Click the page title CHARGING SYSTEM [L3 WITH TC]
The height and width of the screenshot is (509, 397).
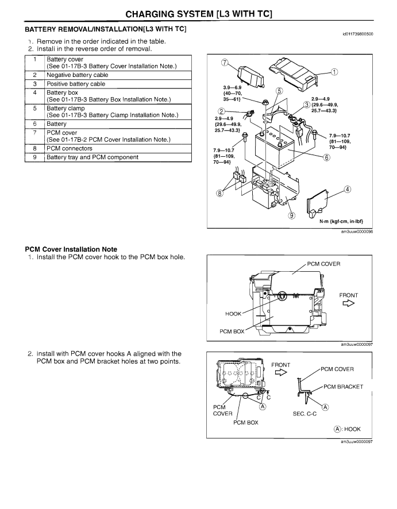[x=199, y=14]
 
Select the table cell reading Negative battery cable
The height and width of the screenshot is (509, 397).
[x=118, y=75]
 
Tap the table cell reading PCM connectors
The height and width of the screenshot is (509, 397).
[x=118, y=148]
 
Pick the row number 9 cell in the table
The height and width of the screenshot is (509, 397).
[x=34, y=157]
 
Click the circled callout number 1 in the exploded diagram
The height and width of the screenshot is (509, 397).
[x=334, y=72]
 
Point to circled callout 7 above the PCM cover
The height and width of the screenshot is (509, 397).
[x=225, y=63]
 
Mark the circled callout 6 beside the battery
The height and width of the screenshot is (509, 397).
[x=327, y=157]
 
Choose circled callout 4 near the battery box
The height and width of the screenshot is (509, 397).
[x=348, y=189]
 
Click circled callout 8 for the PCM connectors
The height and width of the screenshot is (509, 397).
[x=220, y=193]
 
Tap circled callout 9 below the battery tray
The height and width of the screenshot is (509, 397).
[x=292, y=215]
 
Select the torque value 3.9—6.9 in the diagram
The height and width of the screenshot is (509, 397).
[x=232, y=88]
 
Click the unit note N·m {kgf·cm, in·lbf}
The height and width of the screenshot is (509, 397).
[x=341, y=221]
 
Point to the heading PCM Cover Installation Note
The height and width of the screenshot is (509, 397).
[x=71, y=249]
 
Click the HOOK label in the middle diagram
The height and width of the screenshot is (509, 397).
[x=233, y=314]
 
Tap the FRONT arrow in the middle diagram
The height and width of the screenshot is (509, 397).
[x=349, y=303]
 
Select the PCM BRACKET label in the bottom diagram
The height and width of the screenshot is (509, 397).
[x=344, y=387]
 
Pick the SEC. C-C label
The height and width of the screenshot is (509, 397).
[x=305, y=414]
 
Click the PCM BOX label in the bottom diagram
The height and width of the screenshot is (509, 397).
[x=246, y=422]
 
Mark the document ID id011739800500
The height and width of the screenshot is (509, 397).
[x=358, y=34]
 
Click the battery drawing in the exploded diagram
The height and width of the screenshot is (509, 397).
[x=275, y=148]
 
